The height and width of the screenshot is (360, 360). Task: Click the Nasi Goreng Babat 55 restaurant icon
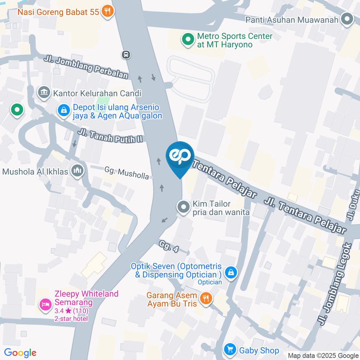point(108,11)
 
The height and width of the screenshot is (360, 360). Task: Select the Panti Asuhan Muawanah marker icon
point(347,19)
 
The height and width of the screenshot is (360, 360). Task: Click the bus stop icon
point(126,55)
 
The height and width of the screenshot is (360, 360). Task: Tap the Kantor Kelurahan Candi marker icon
point(44,92)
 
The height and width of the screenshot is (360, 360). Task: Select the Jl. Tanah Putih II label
point(111,136)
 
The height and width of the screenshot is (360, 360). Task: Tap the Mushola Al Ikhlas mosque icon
point(78,171)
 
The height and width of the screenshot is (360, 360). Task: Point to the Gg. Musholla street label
point(126,173)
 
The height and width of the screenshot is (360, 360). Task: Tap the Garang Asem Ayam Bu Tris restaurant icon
point(205,298)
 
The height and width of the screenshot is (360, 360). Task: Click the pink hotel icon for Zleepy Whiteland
point(46,304)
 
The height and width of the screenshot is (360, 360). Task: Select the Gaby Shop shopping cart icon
point(229,350)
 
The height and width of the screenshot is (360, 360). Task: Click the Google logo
point(20,352)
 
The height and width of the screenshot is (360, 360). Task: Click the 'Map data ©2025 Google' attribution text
point(323,355)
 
